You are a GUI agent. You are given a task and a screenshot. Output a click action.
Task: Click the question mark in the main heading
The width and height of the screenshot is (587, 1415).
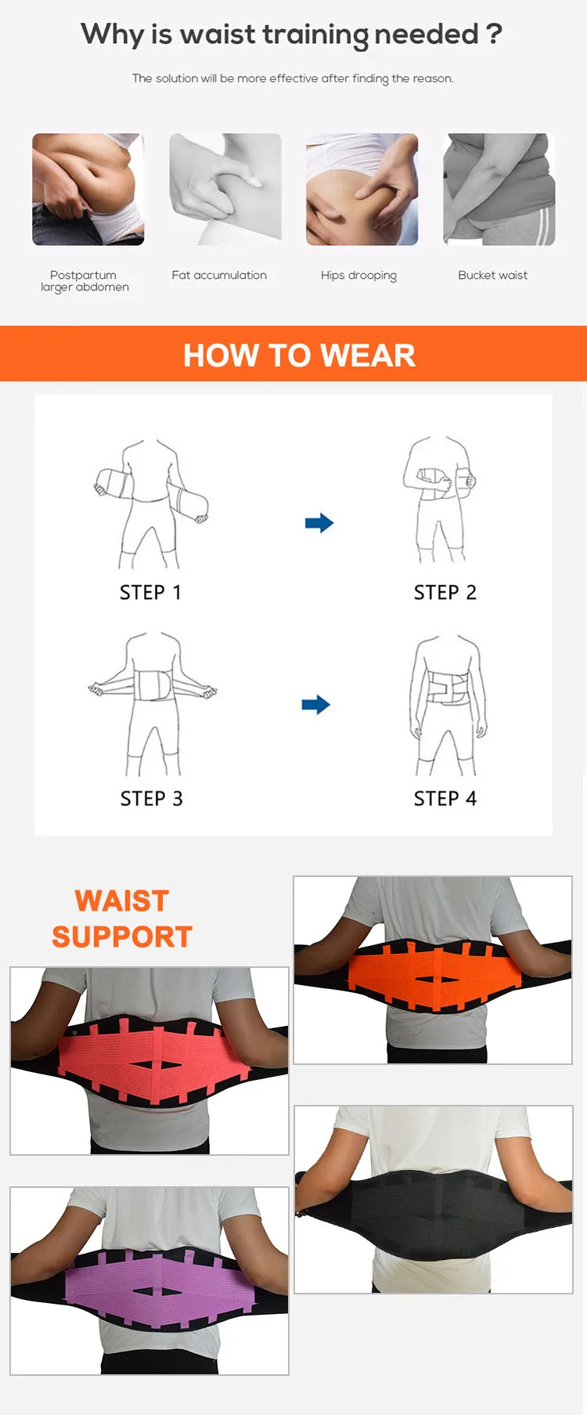(x=493, y=34)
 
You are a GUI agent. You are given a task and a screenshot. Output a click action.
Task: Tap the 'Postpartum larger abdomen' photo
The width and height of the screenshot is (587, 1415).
(x=88, y=190)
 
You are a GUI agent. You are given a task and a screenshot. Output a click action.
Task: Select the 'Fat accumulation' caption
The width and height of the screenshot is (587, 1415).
(x=219, y=275)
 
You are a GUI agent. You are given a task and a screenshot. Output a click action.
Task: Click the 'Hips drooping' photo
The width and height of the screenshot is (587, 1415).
(x=362, y=190)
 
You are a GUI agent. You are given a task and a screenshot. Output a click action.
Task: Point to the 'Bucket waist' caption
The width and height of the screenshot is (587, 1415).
(x=493, y=275)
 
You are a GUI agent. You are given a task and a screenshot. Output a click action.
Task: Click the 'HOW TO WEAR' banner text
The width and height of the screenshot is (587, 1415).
(x=299, y=356)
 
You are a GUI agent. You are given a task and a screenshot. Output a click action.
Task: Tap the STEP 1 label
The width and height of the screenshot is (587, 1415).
(x=150, y=593)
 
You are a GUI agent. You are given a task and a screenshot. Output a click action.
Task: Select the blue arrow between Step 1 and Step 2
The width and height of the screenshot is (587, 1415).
(x=319, y=523)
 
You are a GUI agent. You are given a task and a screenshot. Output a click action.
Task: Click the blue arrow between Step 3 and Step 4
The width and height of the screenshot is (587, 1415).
(x=316, y=705)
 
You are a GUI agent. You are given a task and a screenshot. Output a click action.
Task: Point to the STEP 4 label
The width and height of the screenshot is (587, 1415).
(x=445, y=799)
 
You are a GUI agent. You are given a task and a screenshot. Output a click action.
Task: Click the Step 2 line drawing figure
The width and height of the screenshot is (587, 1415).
(x=440, y=500)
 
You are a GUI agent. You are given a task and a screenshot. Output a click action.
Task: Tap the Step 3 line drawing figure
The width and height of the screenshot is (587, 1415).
(x=153, y=703)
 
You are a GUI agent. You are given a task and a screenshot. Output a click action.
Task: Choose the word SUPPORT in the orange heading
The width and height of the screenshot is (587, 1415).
(x=122, y=937)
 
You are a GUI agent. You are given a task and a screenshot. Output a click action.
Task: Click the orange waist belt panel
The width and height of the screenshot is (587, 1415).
(x=433, y=973)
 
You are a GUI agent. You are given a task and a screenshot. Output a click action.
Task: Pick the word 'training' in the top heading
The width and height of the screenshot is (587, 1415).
(x=315, y=34)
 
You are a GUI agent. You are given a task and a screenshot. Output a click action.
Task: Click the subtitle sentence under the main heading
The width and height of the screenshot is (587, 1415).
(x=293, y=78)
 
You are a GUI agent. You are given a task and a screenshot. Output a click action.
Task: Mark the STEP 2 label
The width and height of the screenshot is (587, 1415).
(x=445, y=593)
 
